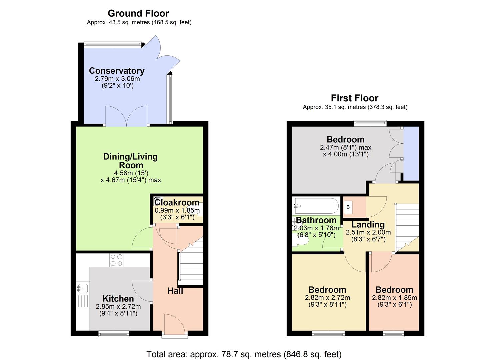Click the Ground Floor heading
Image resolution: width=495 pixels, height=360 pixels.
pos(138,13)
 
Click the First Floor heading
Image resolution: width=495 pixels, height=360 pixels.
pos(354,98)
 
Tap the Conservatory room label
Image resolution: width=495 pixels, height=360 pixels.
pos(117,71)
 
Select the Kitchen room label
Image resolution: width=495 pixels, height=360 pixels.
pos(118,299)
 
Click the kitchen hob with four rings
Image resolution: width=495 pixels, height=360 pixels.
pos(116,260)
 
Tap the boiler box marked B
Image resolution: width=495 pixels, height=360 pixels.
pos(348,207)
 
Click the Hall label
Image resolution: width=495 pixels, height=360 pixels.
pos(175,291)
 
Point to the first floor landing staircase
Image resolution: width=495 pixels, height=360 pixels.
pos(407,227)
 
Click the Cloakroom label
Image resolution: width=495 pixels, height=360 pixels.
pos(177,203)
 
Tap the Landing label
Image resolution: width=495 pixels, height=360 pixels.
pos(368,225)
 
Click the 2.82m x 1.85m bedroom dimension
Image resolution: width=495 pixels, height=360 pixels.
pos(394,298)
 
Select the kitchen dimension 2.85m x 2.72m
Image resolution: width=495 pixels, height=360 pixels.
pos(118,306)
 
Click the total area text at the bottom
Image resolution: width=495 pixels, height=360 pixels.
pos(244,354)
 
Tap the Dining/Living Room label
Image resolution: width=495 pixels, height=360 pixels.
pos(130,161)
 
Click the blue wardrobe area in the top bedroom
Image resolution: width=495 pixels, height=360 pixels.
pos(411,153)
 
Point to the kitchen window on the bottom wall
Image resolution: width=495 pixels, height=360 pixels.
pos(113,333)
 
